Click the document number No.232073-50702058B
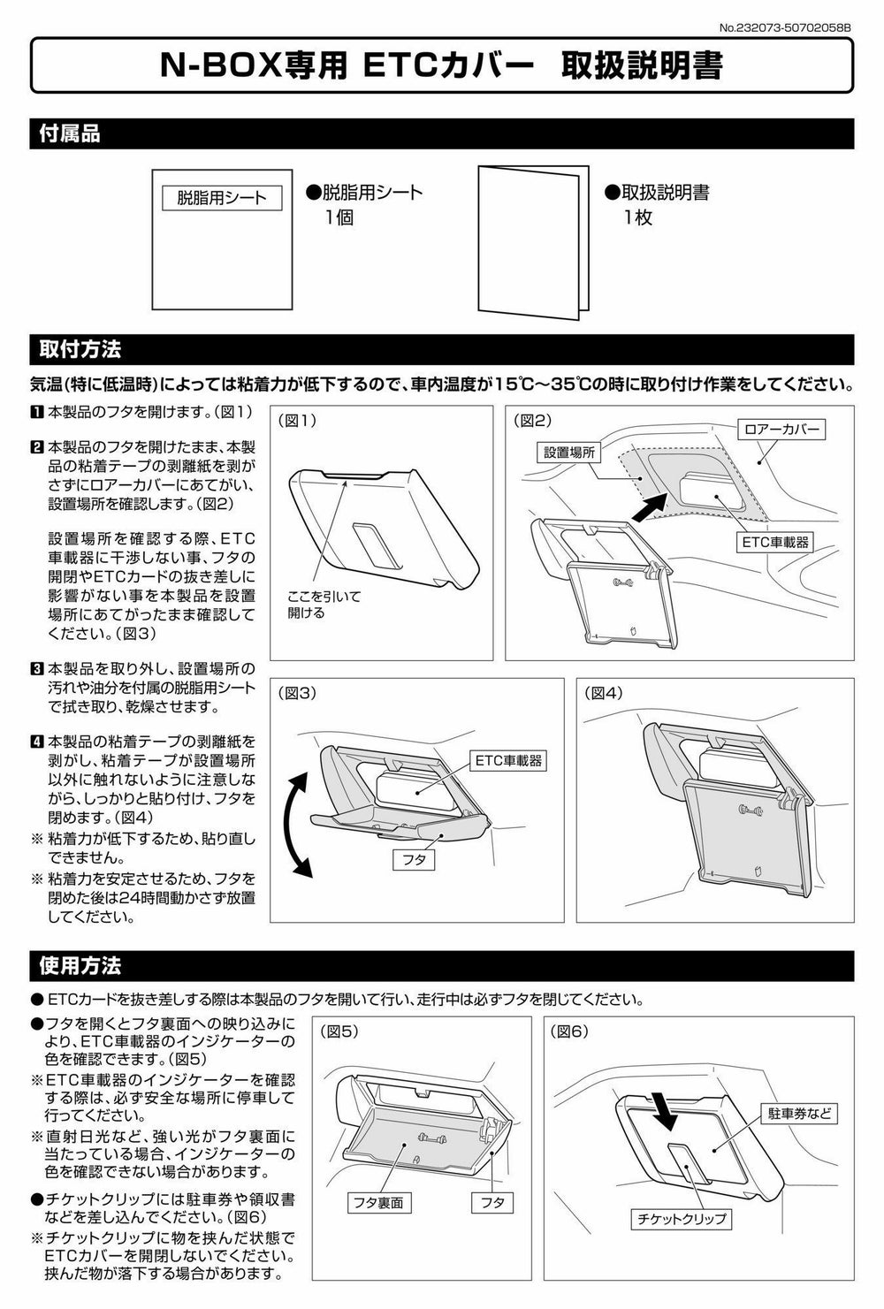pos(785,27)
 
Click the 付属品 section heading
pos(69,133)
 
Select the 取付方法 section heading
pos(80,349)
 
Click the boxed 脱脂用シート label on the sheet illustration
pos(222,198)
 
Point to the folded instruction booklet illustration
pos(533,242)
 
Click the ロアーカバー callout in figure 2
pos(781,430)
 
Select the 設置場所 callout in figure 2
pos(569,452)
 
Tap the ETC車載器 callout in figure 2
pos(774,542)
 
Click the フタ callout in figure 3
pos(414,860)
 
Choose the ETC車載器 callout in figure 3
pos(508,760)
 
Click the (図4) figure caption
pos(604,692)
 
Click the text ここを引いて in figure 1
pos(324,597)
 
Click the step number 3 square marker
pos(36,668)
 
